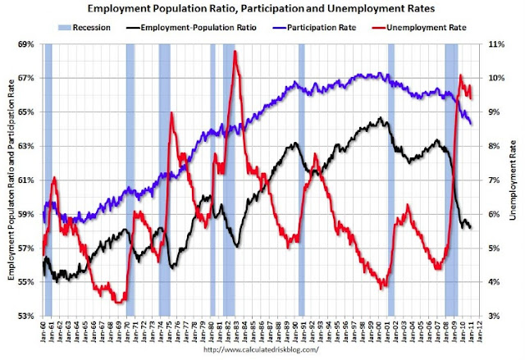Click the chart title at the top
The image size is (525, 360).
click(262, 10)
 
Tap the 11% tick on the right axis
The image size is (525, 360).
click(496, 43)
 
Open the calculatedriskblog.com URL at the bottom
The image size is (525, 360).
click(262, 351)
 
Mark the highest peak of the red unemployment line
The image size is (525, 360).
click(235, 52)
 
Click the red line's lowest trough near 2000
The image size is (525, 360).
click(382, 288)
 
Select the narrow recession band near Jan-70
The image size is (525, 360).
click(130, 180)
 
